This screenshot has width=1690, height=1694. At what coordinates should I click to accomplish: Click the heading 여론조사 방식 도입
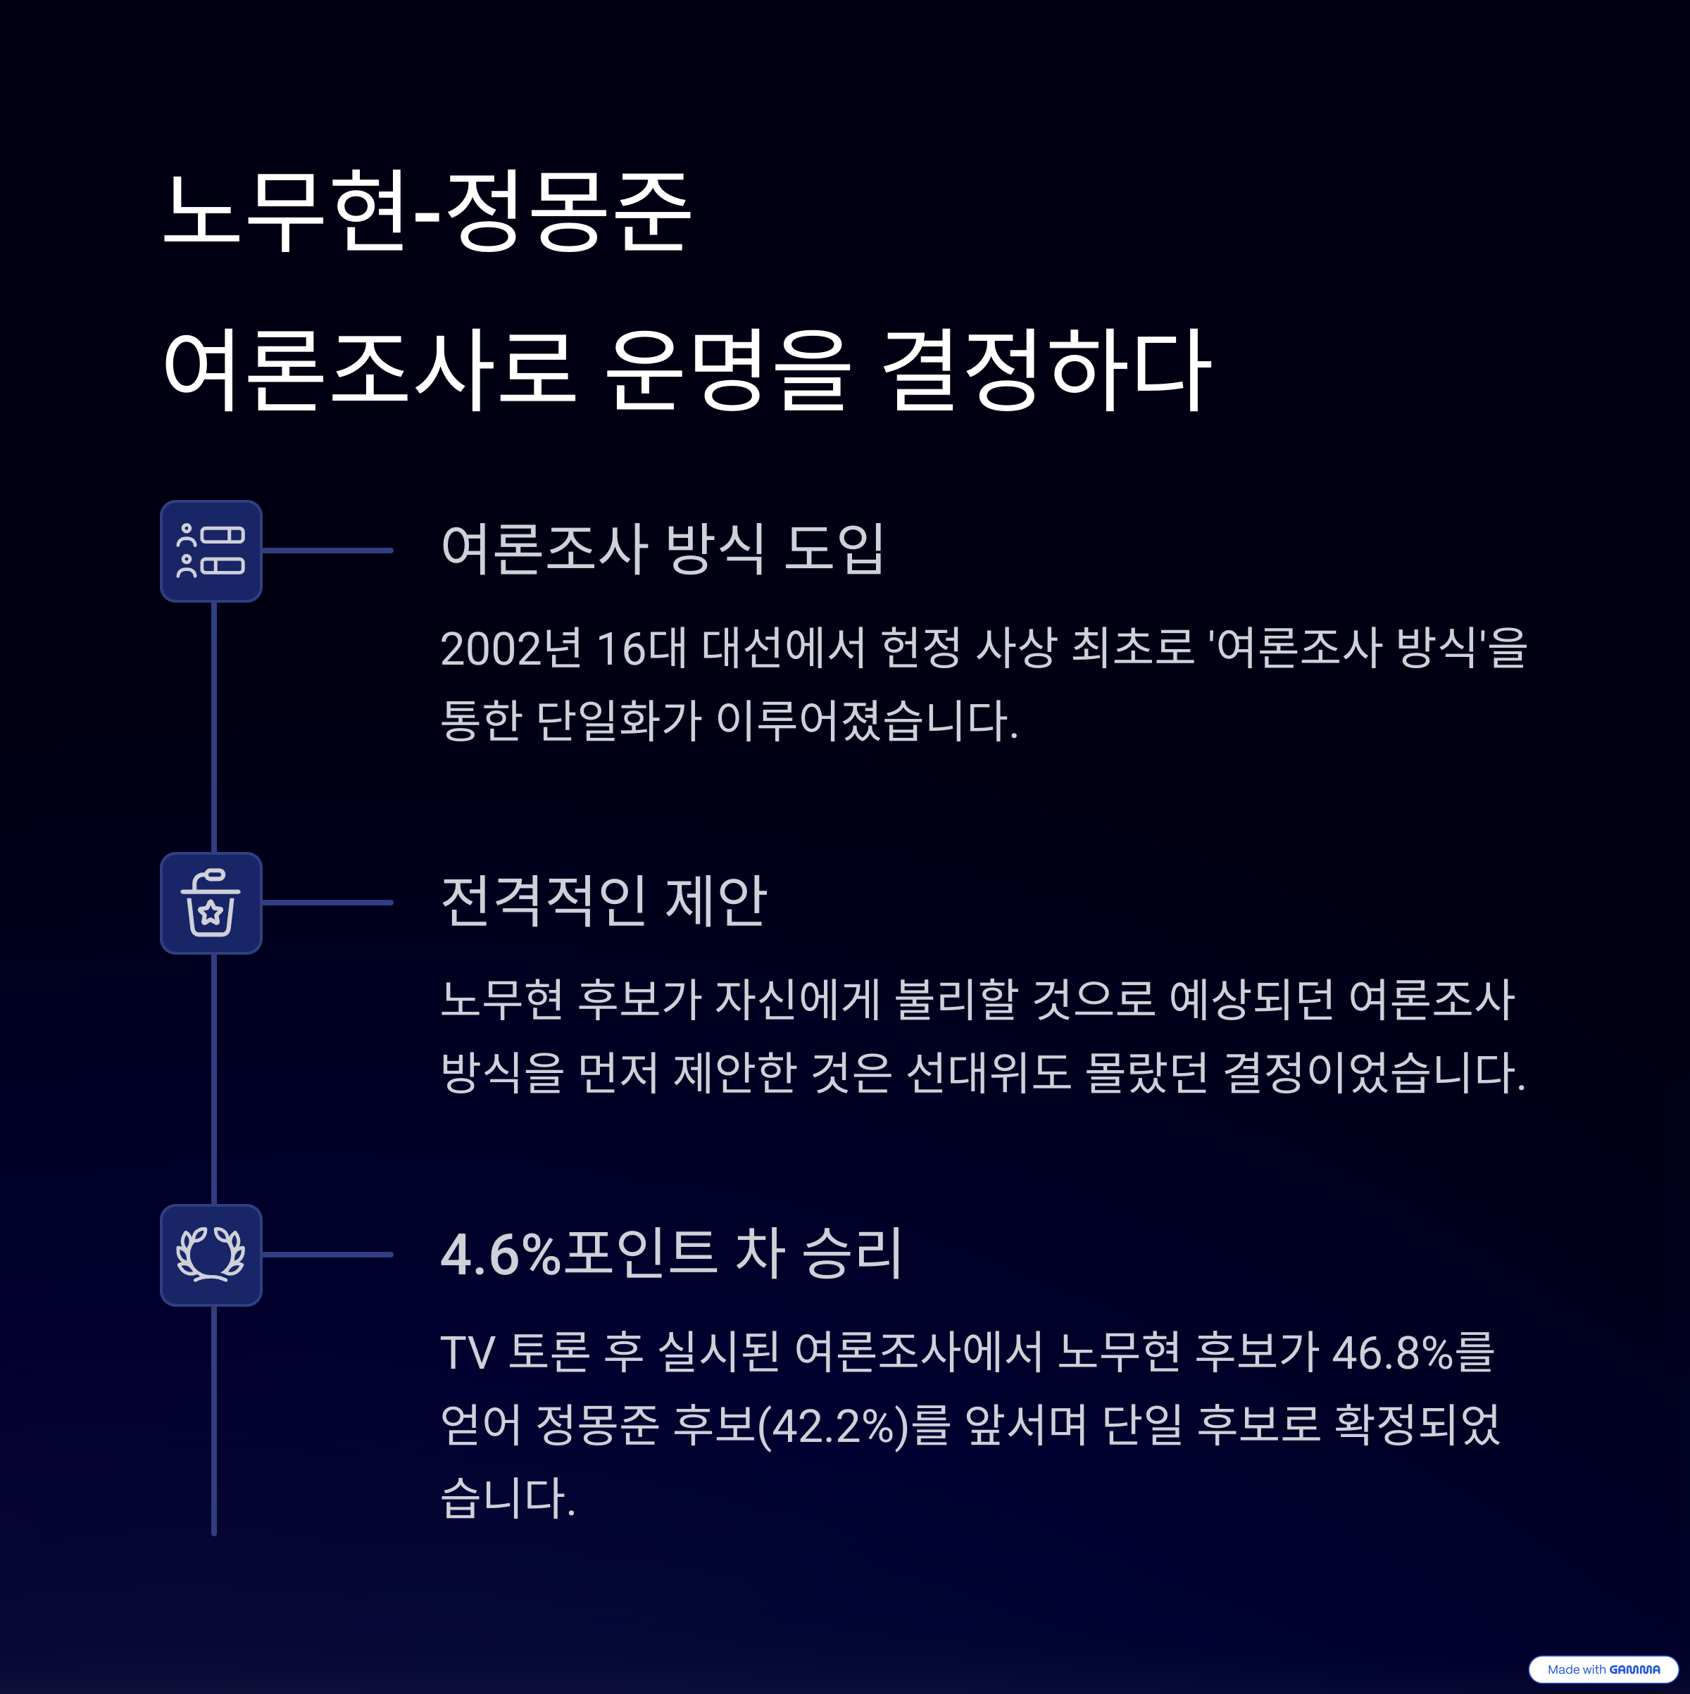[662, 549]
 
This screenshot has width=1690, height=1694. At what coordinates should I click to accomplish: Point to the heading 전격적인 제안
[603, 901]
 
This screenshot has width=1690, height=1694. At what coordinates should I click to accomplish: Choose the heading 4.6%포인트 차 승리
[671, 1253]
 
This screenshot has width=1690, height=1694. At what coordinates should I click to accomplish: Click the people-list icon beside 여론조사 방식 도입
[211, 551]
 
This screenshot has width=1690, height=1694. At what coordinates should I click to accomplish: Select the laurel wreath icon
[211, 1255]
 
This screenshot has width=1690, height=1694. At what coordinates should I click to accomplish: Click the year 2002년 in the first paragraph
[511, 649]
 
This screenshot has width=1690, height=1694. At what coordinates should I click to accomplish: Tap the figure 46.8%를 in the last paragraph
[1413, 1352]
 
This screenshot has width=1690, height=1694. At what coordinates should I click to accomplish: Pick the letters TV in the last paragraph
[468, 1352]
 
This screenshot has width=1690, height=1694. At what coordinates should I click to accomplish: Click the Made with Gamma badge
[1602, 1669]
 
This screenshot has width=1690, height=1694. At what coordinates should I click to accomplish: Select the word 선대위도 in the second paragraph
[989, 1072]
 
